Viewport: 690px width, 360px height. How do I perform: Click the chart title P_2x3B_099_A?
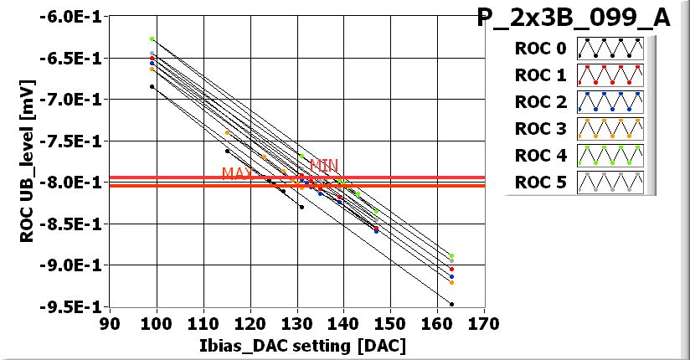coord(574,19)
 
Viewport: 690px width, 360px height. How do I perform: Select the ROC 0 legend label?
coord(541,48)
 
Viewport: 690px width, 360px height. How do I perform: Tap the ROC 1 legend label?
coord(541,75)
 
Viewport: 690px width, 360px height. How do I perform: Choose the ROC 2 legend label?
coord(541,102)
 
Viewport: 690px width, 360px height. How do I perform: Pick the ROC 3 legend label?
coord(541,129)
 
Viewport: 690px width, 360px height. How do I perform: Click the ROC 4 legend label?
coord(541,156)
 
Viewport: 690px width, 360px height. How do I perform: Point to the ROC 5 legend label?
coord(541,183)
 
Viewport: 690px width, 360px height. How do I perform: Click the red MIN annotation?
coord(323,166)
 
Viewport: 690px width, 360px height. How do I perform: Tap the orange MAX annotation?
coord(237,173)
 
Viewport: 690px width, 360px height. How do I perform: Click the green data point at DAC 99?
coord(152,39)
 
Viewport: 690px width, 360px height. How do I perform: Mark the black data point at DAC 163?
coord(451,304)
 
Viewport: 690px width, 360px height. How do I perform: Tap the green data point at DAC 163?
coord(451,255)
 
